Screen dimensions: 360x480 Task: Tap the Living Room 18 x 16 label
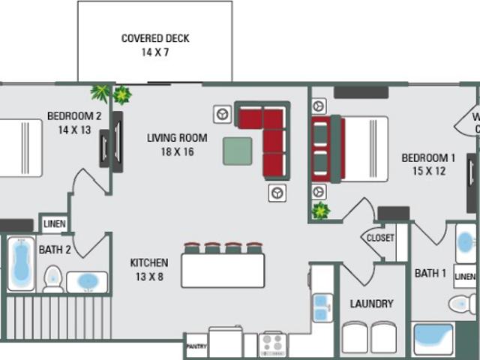pyautogui.click(x=176, y=143)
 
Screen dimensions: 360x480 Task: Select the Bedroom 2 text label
pyautogui.click(x=73, y=122)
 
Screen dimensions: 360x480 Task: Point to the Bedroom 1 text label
pyautogui.click(x=428, y=164)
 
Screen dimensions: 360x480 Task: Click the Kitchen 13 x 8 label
pyautogui.click(x=148, y=269)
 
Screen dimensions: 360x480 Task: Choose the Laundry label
pyautogui.click(x=371, y=304)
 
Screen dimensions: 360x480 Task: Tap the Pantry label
pyautogui.click(x=196, y=346)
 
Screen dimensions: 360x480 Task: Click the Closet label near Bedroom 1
pyautogui.click(x=379, y=238)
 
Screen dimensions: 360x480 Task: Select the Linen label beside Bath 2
pyautogui.click(x=54, y=223)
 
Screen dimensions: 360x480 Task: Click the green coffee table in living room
pyautogui.click(x=237, y=151)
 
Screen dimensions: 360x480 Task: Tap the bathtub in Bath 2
pyautogui.click(x=20, y=265)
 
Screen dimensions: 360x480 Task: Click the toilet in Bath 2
pyautogui.click(x=52, y=278)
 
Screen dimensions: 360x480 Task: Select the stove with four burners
pyautogui.click(x=273, y=345)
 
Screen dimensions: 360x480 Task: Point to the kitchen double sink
pyautogui.click(x=323, y=307)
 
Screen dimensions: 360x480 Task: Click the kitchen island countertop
pyautogui.click(x=223, y=271)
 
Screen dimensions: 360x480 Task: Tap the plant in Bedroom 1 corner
pyautogui.click(x=320, y=211)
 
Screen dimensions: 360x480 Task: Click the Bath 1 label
pyautogui.click(x=430, y=274)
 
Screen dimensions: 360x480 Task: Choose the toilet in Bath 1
pyautogui.click(x=460, y=304)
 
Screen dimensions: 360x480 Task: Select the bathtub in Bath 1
pyautogui.click(x=433, y=340)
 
